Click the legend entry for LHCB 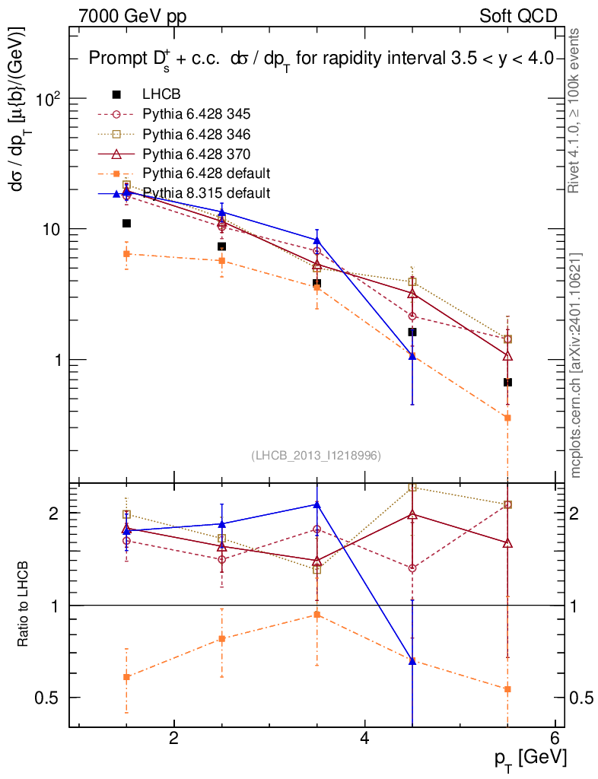tap(161, 94)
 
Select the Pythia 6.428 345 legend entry tap(196, 114)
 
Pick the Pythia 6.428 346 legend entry tap(196, 134)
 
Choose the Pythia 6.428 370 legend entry tap(196, 154)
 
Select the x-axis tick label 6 tap(555, 738)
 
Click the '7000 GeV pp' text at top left tap(132, 16)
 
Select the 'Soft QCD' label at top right tap(518, 16)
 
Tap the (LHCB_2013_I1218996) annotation tap(316, 455)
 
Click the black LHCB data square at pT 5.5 tap(507, 382)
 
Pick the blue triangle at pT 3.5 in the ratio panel tap(317, 504)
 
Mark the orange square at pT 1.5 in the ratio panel tap(127, 676)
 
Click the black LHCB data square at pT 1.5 tap(127, 224)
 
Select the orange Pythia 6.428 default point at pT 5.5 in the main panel tap(507, 418)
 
